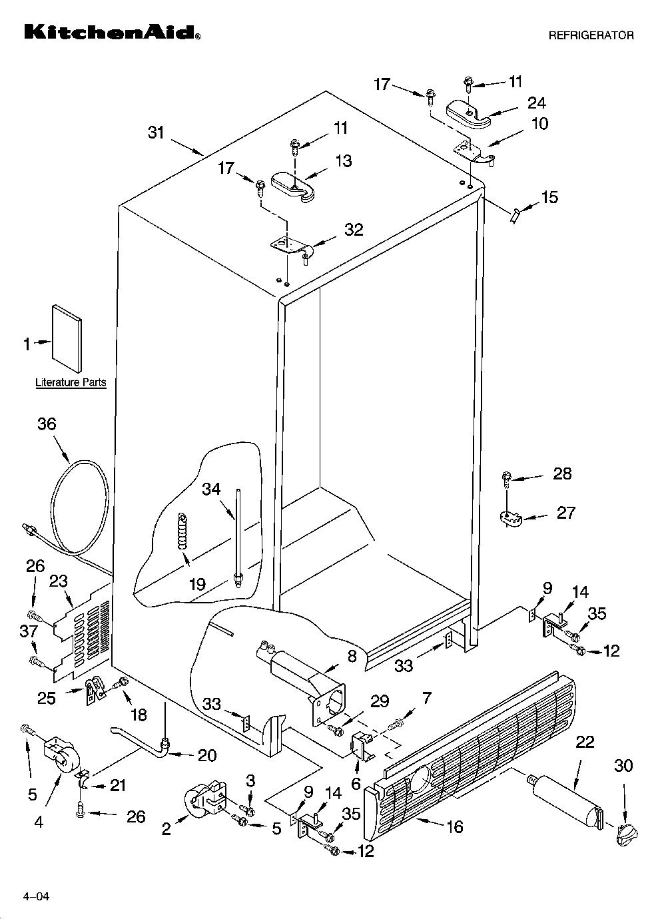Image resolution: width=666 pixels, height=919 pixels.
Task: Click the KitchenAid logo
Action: (113, 32)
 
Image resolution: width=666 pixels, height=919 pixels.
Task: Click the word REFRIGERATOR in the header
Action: (591, 36)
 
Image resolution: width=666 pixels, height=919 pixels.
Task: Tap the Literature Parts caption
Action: (71, 382)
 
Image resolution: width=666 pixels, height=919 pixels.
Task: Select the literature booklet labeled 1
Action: (67, 338)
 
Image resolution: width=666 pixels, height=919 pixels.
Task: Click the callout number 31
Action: (156, 133)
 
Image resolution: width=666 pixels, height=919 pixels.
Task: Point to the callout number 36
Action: (47, 424)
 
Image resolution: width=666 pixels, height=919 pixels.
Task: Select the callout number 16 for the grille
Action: (455, 826)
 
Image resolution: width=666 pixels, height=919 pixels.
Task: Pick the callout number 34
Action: (211, 489)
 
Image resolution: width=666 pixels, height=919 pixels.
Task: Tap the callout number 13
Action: (343, 161)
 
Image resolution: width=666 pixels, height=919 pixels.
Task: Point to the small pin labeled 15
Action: (515, 215)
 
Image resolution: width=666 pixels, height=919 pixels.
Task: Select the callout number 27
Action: (566, 513)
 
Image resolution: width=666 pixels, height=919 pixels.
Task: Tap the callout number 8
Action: (352, 656)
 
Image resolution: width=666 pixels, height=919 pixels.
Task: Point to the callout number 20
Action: (207, 755)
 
